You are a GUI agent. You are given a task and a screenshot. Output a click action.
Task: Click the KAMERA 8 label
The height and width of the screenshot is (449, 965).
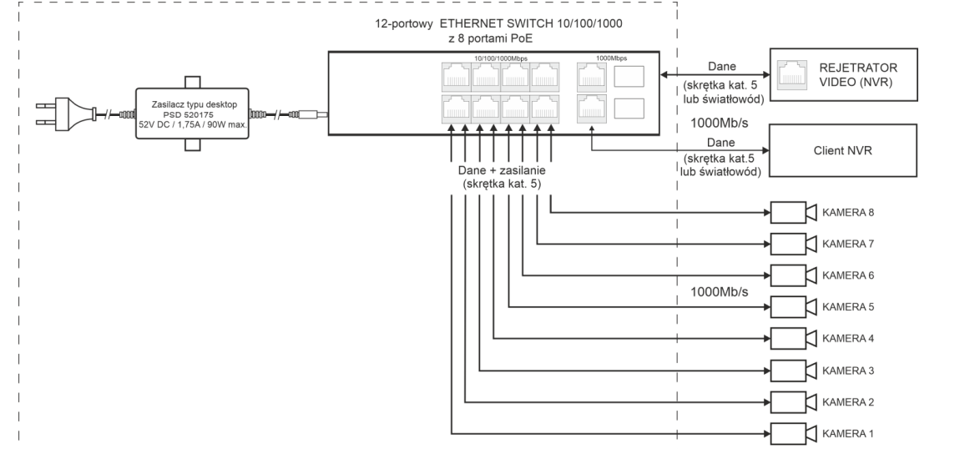tap(848, 212)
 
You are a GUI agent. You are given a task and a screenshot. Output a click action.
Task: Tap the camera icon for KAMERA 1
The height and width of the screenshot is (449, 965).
tap(792, 434)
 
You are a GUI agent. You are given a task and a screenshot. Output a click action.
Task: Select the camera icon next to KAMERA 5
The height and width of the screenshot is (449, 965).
tap(792, 307)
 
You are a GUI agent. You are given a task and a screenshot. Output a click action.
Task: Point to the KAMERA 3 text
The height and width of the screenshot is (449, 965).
tap(848, 371)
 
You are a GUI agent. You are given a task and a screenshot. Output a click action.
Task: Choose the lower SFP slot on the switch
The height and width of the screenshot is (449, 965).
tap(628, 108)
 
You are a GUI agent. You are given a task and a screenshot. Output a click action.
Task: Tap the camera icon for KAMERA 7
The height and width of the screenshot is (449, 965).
tap(792, 244)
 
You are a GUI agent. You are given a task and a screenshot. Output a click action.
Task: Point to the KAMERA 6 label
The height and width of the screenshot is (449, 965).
tap(848, 275)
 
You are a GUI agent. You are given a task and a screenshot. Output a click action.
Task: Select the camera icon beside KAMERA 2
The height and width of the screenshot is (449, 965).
tap(792, 402)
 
